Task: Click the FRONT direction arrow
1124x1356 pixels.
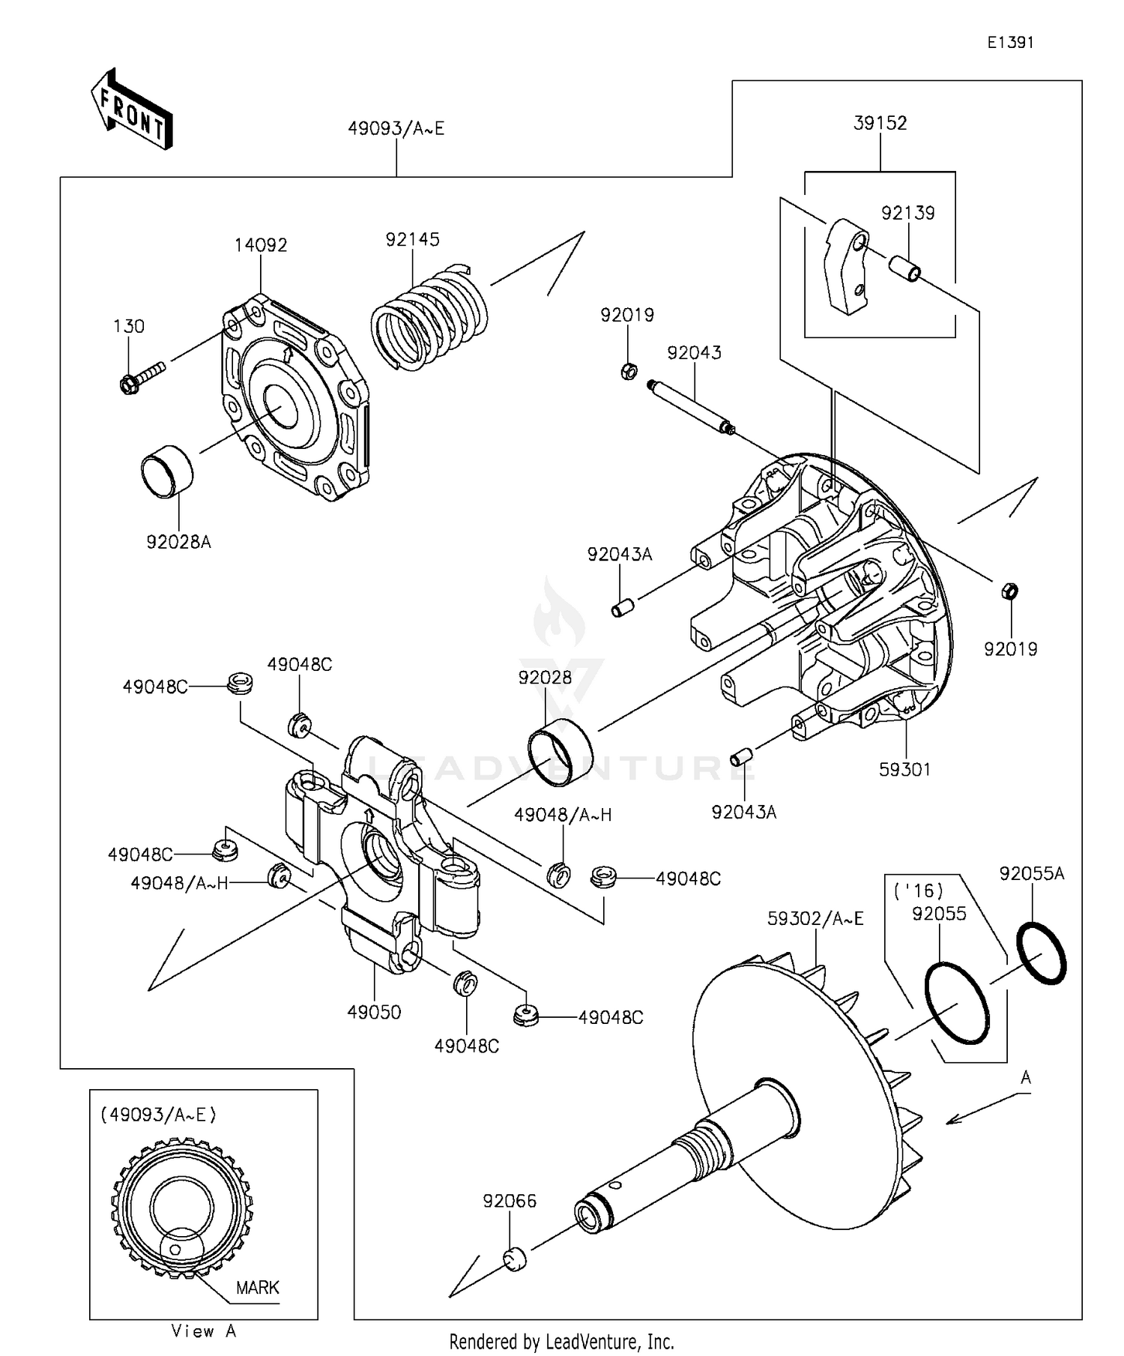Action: pos(132,109)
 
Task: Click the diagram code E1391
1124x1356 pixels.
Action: pos(1010,43)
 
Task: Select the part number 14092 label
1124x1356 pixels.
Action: pos(261,245)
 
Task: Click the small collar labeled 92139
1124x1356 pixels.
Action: pos(903,268)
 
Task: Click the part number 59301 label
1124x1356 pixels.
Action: pos(904,770)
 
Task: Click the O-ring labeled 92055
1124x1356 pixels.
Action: pos(957,1003)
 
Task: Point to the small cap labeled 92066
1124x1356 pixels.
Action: pos(514,1259)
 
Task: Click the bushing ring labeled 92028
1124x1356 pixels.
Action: pos(561,752)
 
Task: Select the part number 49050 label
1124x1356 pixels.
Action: pos(374,1013)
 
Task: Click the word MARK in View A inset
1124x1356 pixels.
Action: pos(257,1288)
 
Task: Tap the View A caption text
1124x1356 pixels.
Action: pos(204,1331)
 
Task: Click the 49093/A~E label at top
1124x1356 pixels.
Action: pos(396,129)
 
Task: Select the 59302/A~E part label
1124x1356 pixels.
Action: pos(815,918)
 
